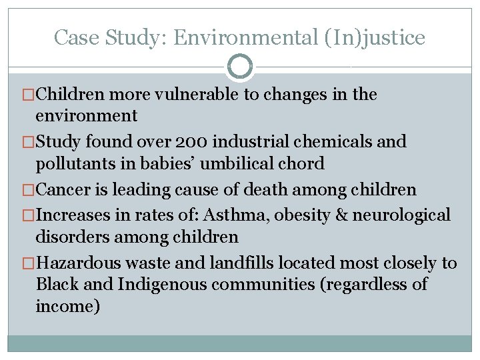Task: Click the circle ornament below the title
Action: click(240, 67)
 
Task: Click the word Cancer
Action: click(64, 190)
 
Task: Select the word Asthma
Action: click(234, 215)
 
